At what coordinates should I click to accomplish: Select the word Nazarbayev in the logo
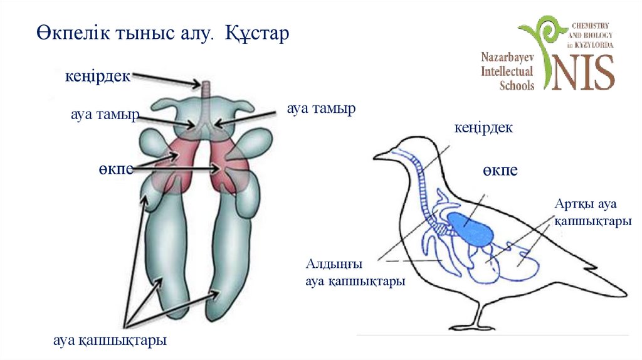(x=507, y=57)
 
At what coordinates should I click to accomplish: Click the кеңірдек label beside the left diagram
(x=97, y=77)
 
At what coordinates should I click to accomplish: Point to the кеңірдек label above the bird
(x=483, y=128)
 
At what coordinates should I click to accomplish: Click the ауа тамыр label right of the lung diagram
(x=321, y=109)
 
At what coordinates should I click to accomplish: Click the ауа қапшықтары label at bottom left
(x=110, y=341)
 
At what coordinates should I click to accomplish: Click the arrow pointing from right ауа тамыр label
(x=248, y=117)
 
